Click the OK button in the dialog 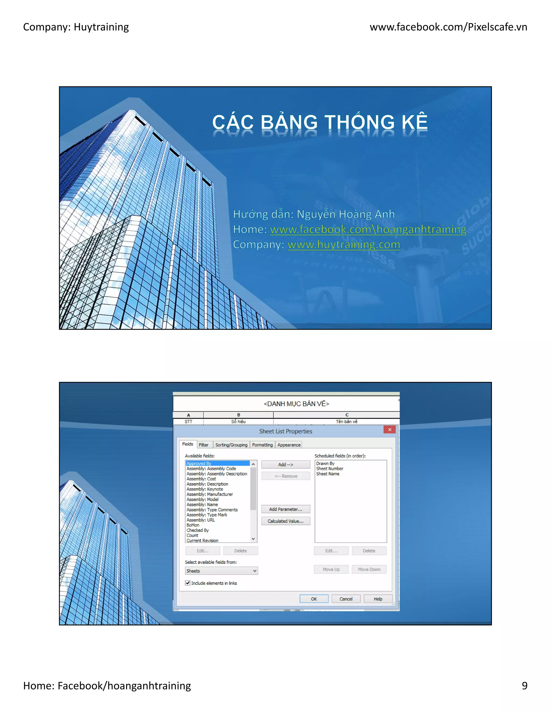pyautogui.click(x=314, y=599)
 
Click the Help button pyautogui.click(x=378, y=599)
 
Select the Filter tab pyautogui.click(x=203, y=445)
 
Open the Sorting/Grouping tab pyautogui.click(x=231, y=445)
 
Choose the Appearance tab pyautogui.click(x=289, y=445)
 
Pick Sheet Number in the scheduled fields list pyautogui.click(x=329, y=469)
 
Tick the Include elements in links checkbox pyautogui.click(x=188, y=583)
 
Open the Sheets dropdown pyautogui.click(x=221, y=571)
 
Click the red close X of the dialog pyautogui.click(x=389, y=430)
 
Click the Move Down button pyautogui.click(x=369, y=569)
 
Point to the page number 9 pyautogui.click(x=524, y=686)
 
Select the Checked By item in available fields pyautogui.click(x=197, y=530)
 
